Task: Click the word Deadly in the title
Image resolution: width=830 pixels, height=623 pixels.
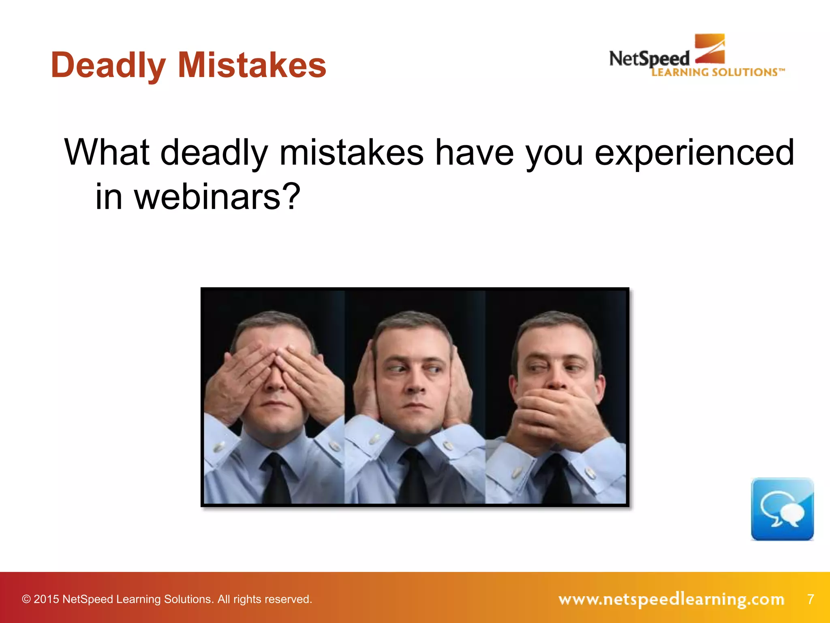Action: click(x=108, y=66)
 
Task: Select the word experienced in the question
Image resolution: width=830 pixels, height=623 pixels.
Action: click(x=694, y=153)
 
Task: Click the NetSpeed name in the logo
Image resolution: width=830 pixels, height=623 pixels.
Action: click(x=649, y=59)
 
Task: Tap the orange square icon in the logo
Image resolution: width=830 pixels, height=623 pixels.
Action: click(x=710, y=49)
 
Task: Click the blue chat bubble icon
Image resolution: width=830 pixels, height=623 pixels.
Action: click(x=782, y=509)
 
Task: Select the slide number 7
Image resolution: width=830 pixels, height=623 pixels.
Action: click(x=810, y=599)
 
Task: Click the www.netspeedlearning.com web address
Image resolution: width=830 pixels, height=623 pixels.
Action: click(x=671, y=599)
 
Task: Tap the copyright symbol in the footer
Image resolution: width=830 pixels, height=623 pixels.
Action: click(x=26, y=599)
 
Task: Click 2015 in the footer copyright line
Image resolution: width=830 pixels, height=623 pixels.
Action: click(x=46, y=599)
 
